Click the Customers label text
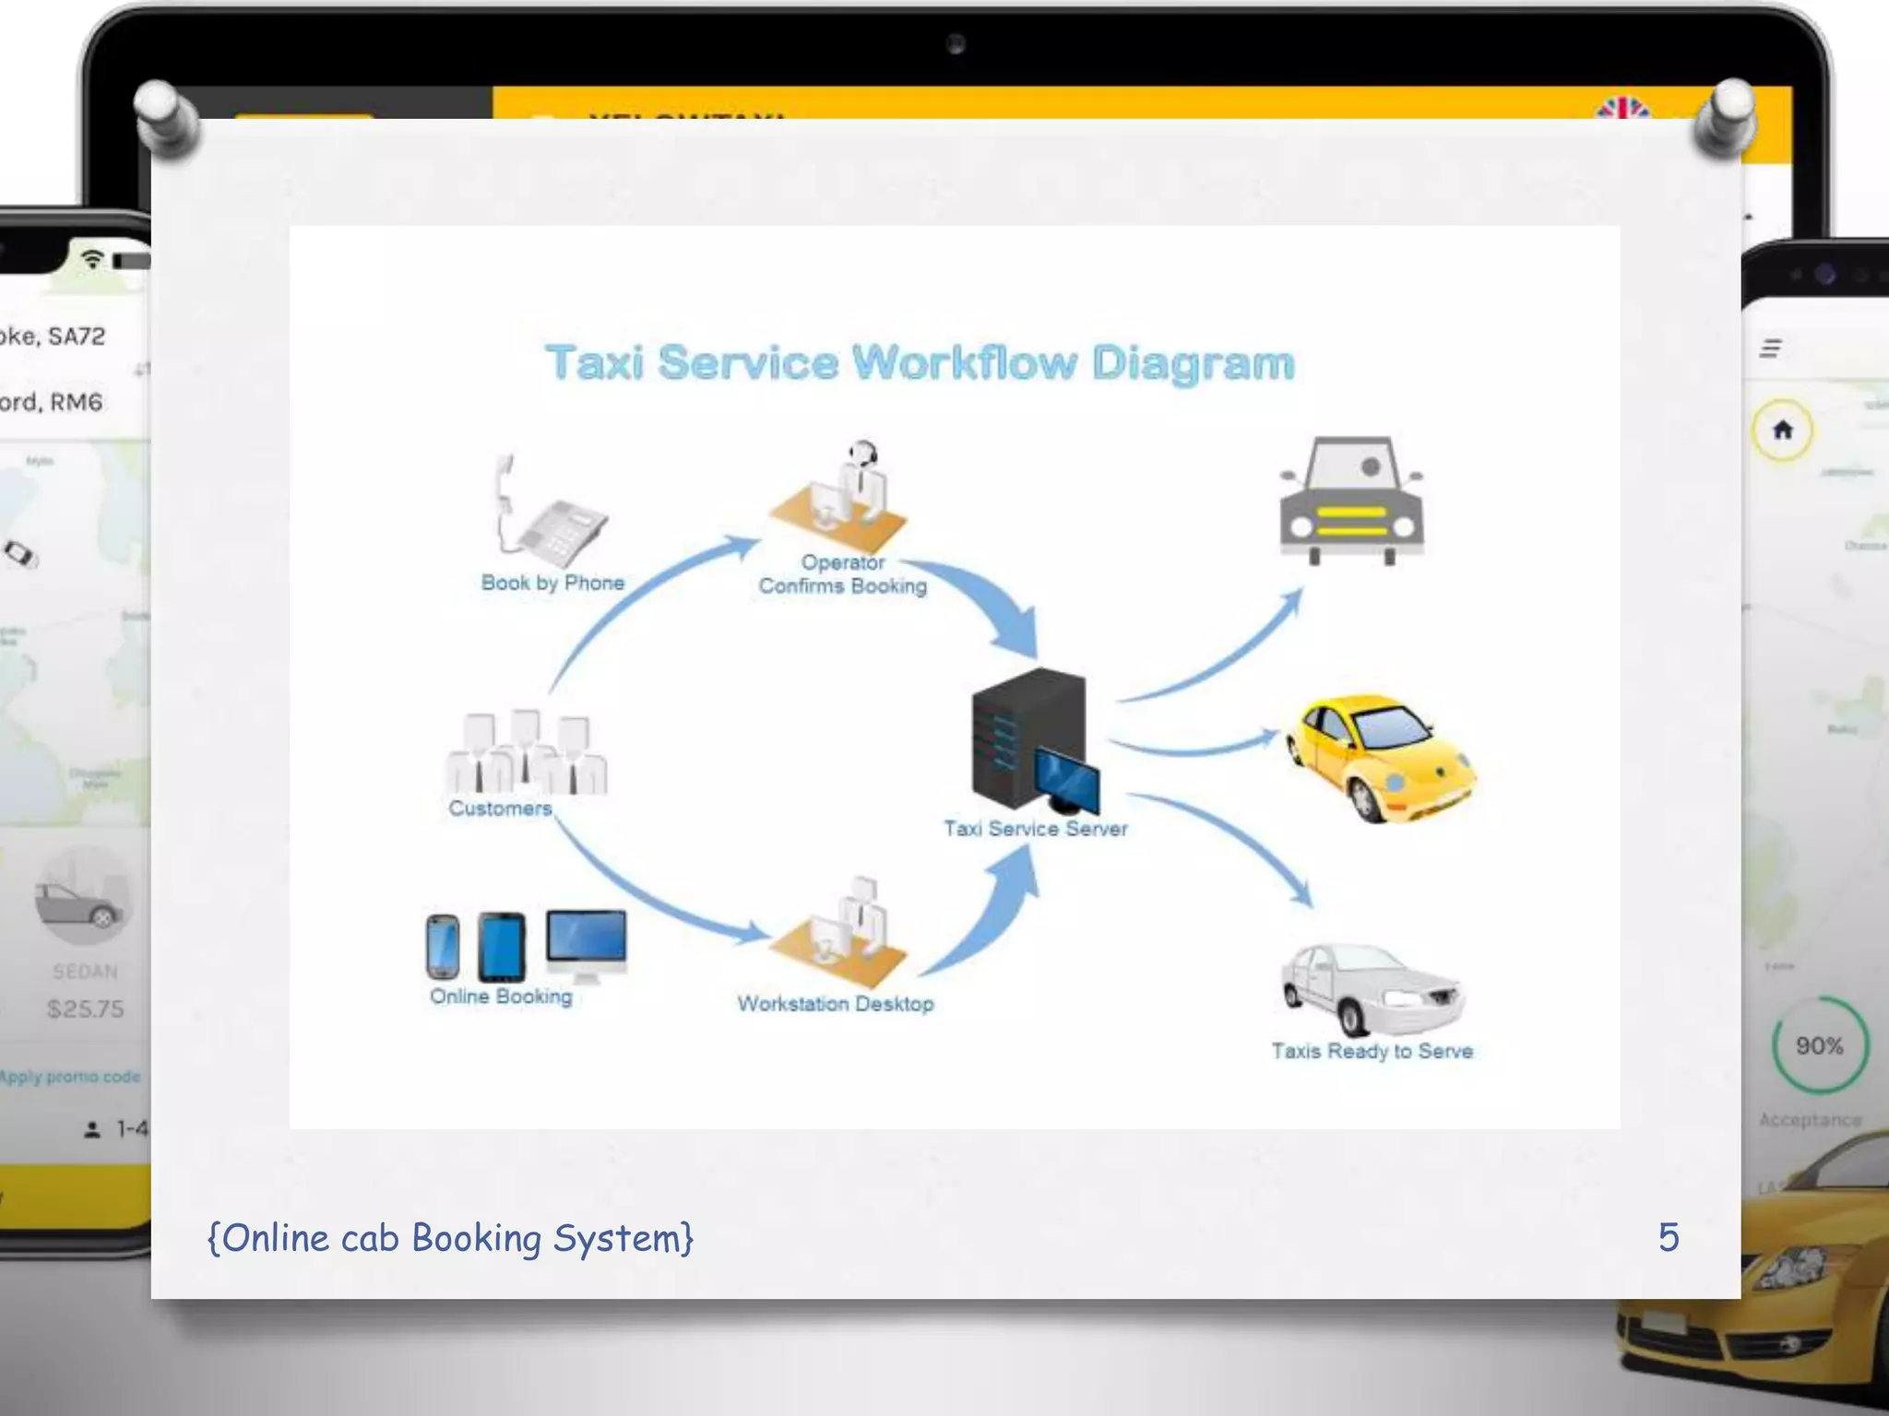pyautogui.click(x=500, y=808)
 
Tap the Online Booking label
pyautogui.click(x=501, y=997)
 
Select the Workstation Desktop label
pyautogui.click(x=836, y=1004)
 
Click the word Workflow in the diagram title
pyautogui.click(x=964, y=362)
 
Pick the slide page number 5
pyautogui.click(x=1668, y=1237)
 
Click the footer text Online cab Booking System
pyautogui.click(x=450, y=1238)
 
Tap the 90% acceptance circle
pyautogui.click(x=1819, y=1045)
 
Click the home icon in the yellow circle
pyautogui.click(x=1783, y=430)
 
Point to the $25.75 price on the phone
pyautogui.click(x=85, y=1009)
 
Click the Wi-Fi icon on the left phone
pyautogui.click(x=91, y=259)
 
